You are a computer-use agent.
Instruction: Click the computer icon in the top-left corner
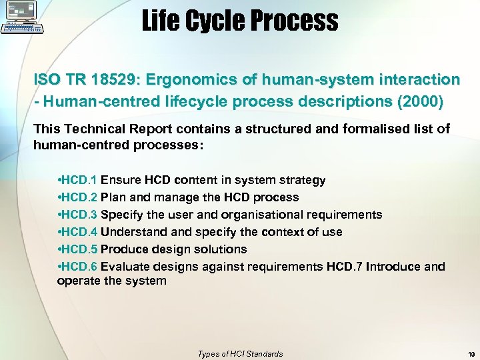click(22, 18)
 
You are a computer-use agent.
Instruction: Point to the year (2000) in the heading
click(419, 103)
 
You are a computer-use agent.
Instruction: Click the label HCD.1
click(79, 180)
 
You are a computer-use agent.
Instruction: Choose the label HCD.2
click(79, 197)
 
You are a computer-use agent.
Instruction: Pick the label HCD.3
click(79, 215)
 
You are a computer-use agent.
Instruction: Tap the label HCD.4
click(79, 232)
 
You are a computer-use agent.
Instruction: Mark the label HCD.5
click(79, 249)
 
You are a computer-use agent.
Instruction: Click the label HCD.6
click(79, 267)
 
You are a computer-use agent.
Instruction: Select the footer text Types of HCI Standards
click(240, 354)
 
